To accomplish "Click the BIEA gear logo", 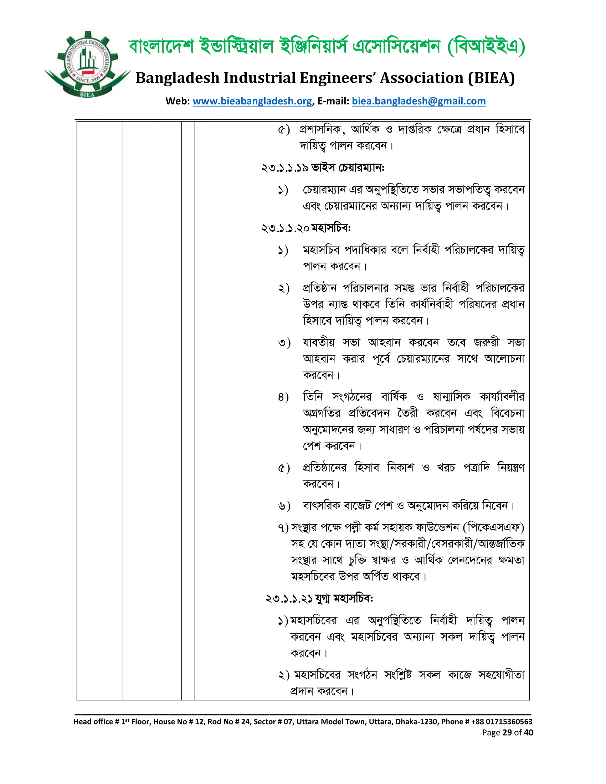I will click(87, 65).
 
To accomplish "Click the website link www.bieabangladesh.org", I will click(252, 101).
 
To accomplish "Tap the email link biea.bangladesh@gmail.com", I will click(418, 101).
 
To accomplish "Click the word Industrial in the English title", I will click(260, 78).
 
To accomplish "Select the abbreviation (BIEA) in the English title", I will click(491, 78).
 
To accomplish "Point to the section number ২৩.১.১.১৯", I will click(285, 168).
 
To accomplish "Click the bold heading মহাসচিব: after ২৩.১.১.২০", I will click(331, 228).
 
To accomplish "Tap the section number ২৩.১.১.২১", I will click(289, 599).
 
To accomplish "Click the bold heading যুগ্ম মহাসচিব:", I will click(344, 599).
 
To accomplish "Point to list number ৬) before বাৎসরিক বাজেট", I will click(284, 506).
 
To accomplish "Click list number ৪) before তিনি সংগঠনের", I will click(283, 397).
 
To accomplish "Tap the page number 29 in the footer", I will click(507, 732).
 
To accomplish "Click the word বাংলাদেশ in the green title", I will click(161, 47).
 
